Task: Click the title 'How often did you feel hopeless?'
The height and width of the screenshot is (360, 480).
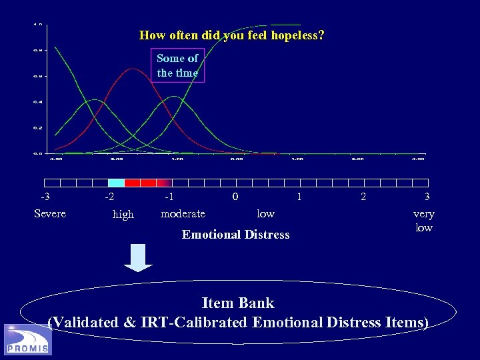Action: [232, 35]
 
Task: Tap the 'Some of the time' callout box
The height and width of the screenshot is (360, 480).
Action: [177, 65]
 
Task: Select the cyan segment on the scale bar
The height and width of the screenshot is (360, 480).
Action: [116, 183]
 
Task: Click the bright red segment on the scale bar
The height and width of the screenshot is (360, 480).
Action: [133, 183]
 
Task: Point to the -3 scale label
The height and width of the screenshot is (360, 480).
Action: [45, 197]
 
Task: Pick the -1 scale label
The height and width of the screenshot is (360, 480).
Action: [170, 197]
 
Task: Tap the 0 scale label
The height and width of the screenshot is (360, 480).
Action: [235, 197]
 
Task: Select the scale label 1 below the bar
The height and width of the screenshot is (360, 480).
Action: [299, 197]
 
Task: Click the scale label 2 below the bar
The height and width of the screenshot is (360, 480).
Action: [363, 197]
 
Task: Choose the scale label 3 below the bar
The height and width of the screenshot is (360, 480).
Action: [427, 197]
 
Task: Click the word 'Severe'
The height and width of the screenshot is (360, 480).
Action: [50, 213]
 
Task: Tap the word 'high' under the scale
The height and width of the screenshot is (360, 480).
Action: [123, 214]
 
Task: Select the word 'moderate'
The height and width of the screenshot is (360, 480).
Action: [183, 213]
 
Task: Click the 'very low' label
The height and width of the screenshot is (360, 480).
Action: [424, 221]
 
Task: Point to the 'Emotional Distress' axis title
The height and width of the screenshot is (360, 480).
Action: [236, 234]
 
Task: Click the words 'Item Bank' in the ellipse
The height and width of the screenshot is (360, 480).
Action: [238, 303]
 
